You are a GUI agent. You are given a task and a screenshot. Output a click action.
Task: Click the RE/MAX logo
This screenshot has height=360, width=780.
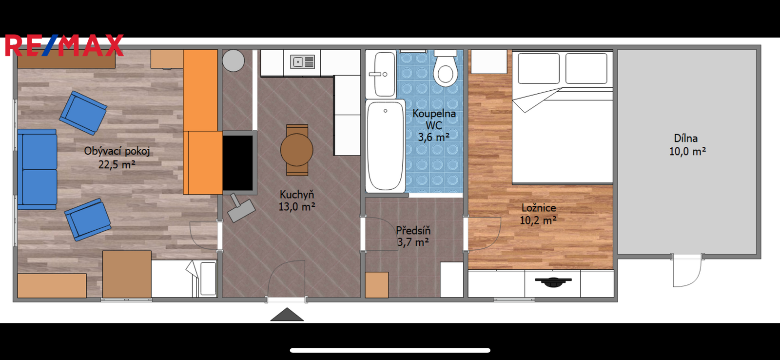[64, 45]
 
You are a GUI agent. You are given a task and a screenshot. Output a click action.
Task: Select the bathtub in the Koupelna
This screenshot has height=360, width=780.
[386, 146]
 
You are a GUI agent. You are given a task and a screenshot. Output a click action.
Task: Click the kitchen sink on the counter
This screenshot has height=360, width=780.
[303, 62]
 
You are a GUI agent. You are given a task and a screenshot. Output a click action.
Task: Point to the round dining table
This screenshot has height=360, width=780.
[297, 150]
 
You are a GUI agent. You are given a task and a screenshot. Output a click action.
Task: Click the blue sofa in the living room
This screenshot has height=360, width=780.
[37, 169]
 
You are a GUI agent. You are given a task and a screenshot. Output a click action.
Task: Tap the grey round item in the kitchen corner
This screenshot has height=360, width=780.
[234, 60]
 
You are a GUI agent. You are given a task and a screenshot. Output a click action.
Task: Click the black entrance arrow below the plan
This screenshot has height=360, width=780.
[287, 314]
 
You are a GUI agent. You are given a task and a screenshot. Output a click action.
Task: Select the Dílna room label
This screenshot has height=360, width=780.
[685, 139]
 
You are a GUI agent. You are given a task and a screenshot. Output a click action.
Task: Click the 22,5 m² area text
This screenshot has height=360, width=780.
[117, 164]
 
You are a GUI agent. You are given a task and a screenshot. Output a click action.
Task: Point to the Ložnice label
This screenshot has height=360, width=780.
[539, 208]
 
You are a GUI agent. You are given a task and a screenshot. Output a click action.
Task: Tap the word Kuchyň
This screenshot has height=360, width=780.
[297, 194]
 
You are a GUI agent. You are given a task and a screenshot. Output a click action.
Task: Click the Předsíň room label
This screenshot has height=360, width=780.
[413, 230]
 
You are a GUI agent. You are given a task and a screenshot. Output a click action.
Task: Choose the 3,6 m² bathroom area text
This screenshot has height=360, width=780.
[433, 137]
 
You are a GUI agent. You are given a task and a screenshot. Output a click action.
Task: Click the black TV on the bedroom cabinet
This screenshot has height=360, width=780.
[553, 281]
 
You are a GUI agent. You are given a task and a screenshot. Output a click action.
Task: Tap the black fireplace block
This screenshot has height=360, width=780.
[238, 163]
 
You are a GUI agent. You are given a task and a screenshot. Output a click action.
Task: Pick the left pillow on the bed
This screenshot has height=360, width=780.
[539, 68]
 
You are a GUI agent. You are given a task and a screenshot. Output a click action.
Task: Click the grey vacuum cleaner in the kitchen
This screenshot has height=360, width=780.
[241, 208]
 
